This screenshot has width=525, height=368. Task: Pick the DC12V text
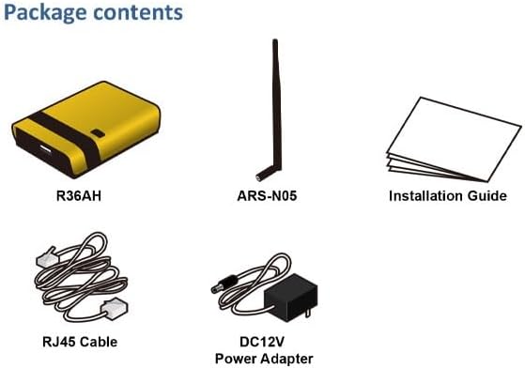tap(262, 341)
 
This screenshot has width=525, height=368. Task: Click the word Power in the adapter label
tap(234, 358)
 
